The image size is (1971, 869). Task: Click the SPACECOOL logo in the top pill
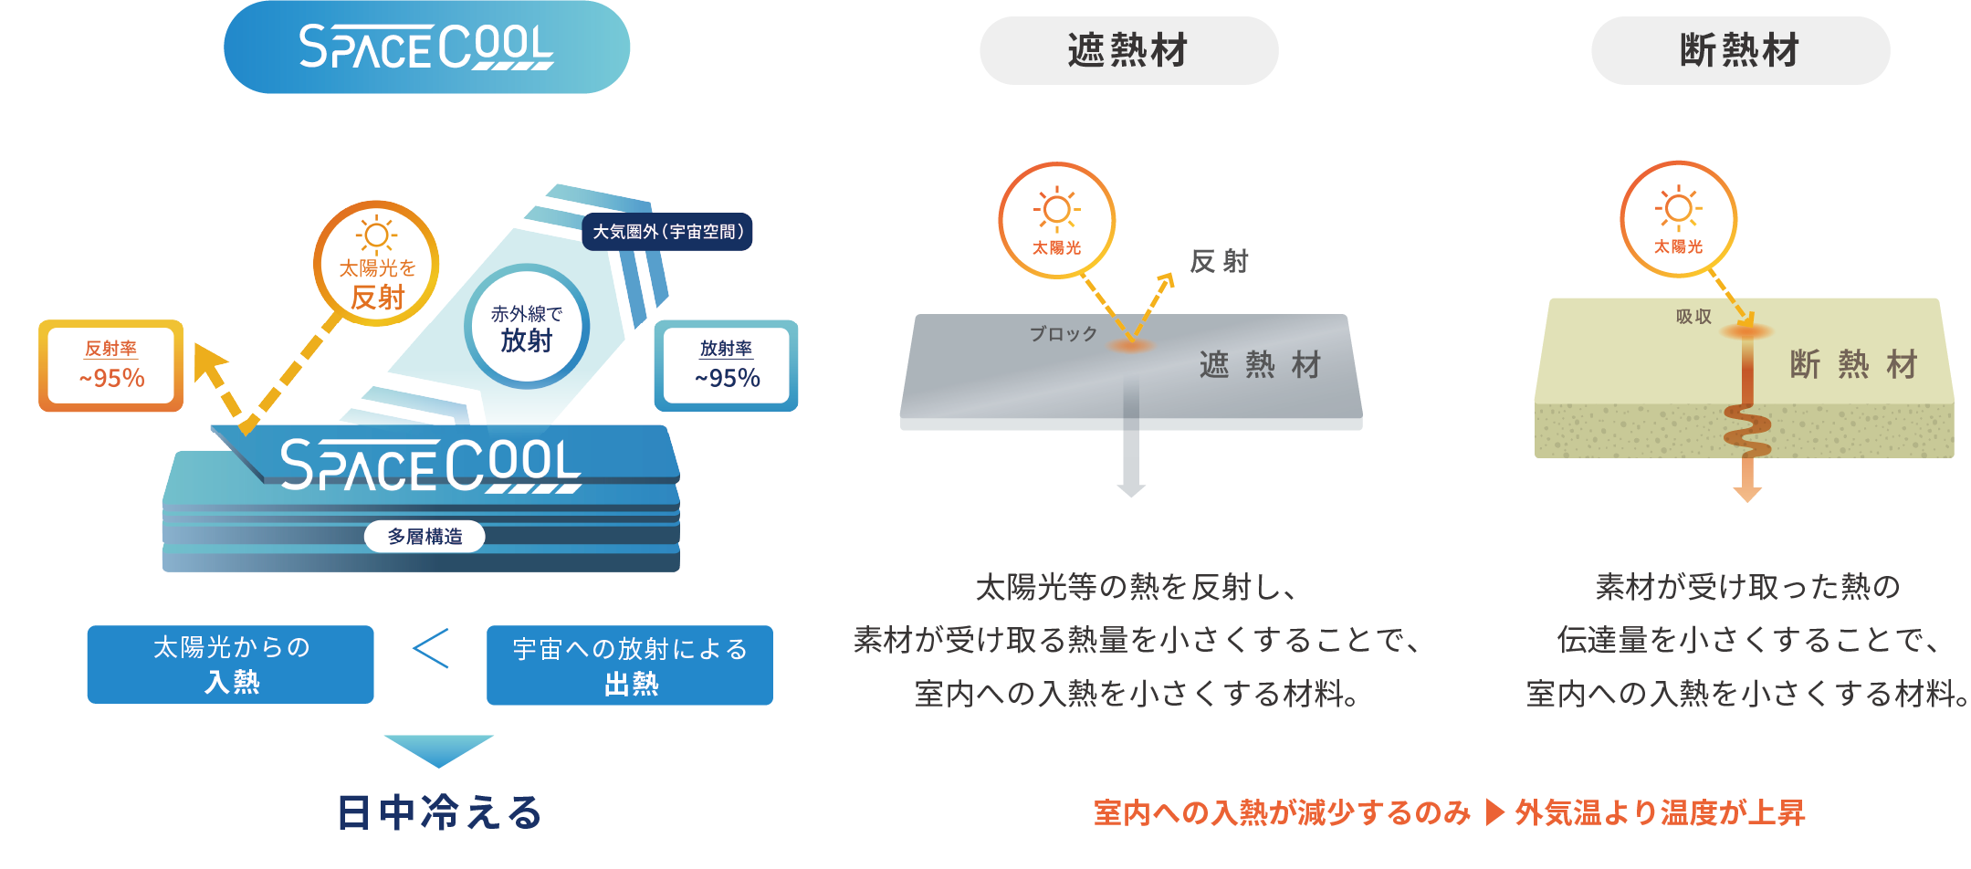click(426, 47)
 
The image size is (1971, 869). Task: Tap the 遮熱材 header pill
click(1128, 51)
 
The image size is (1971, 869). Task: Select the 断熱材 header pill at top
click(1740, 51)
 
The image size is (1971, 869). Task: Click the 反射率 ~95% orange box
click(111, 365)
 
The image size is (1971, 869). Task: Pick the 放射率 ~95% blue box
click(727, 365)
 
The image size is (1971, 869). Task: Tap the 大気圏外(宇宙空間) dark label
click(667, 232)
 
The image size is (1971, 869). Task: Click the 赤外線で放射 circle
click(527, 328)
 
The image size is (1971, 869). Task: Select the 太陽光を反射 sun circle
click(376, 264)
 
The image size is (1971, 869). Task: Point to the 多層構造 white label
click(425, 537)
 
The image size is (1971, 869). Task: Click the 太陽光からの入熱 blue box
click(231, 665)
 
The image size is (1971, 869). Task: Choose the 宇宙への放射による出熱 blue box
click(630, 665)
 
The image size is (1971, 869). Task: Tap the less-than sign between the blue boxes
click(431, 649)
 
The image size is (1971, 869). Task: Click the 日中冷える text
click(439, 812)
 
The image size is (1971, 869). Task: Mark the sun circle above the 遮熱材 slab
click(1057, 220)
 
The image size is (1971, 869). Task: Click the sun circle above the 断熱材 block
click(1678, 219)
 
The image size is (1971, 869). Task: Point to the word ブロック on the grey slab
click(1064, 334)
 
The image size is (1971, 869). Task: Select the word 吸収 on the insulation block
click(1693, 317)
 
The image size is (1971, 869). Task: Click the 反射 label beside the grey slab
click(1220, 262)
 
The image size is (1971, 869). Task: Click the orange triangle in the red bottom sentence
click(1494, 811)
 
